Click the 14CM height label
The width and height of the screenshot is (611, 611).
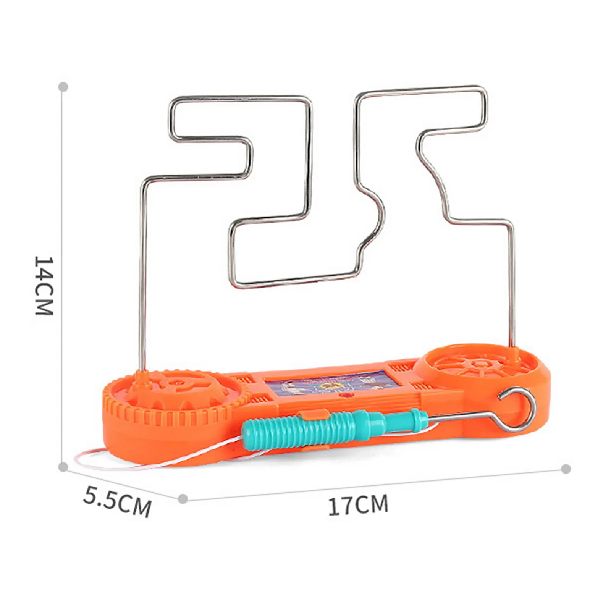point(44,285)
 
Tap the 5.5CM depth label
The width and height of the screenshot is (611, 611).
point(117,500)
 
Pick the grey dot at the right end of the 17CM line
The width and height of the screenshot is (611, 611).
point(566,469)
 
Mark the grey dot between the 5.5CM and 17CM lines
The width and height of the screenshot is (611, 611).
point(183,498)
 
